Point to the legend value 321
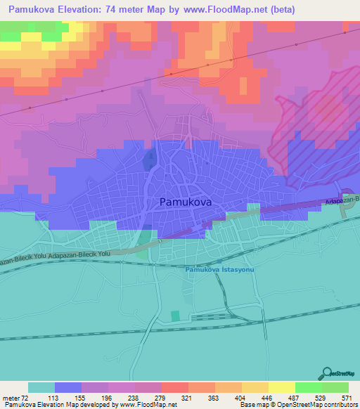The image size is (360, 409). click(186, 397)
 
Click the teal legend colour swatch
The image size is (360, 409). click(41, 387)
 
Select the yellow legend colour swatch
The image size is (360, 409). click(281, 387)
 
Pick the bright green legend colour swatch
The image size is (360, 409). click(308, 387)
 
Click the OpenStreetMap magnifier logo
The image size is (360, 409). click(325, 374)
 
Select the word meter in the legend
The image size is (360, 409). click(11, 397)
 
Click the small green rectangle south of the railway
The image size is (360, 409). click(176, 317)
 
